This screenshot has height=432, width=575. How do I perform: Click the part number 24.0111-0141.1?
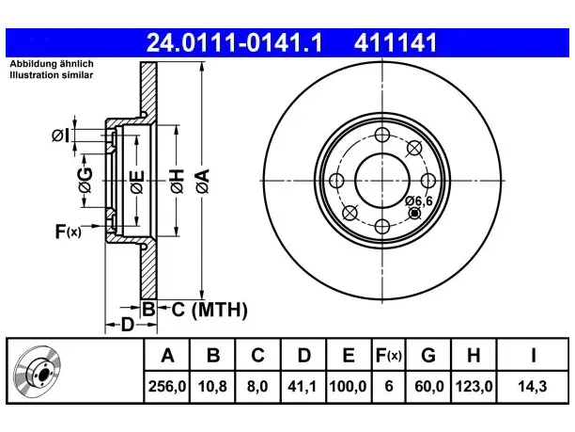pyautogui.click(x=234, y=42)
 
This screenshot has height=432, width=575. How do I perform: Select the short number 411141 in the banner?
pyautogui.click(x=396, y=42)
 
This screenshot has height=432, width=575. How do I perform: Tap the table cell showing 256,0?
pyautogui.click(x=167, y=387)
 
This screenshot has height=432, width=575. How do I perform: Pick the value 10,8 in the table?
pyautogui.click(x=212, y=387)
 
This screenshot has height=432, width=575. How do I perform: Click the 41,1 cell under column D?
pyautogui.click(x=302, y=387)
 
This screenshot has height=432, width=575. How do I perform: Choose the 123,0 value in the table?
pyautogui.click(x=474, y=387)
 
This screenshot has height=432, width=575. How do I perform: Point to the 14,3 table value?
pyautogui.click(x=532, y=387)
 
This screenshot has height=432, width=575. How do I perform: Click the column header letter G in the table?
pyautogui.click(x=428, y=356)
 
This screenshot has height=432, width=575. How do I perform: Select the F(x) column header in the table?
pyautogui.click(x=389, y=356)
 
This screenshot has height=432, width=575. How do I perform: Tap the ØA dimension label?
pyautogui.click(x=203, y=181)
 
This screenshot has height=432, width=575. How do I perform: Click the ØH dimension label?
pyautogui.click(x=177, y=181)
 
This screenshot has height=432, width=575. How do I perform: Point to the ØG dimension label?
pyautogui.click(x=85, y=180)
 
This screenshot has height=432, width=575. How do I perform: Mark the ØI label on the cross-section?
pyautogui.click(x=60, y=136)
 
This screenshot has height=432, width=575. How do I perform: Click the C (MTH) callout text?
pyautogui.click(x=210, y=310)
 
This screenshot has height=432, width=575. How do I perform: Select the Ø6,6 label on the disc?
pyautogui.click(x=419, y=200)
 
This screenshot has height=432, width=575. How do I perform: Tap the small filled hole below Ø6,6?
pyautogui.click(x=414, y=213)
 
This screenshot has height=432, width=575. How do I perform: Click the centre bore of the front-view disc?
pyautogui.click(x=382, y=181)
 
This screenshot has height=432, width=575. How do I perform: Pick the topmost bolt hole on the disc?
pyautogui.click(x=382, y=135)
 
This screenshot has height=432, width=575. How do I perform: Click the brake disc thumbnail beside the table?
pyautogui.click(x=38, y=371)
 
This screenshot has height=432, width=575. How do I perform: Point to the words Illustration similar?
pyautogui.click(x=52, y=75)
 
